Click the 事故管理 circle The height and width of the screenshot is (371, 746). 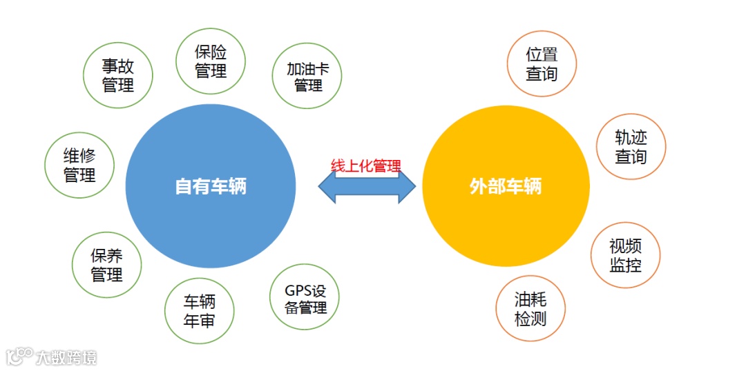pyautogui.click(x=117, y=75)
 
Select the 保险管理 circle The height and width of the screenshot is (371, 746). pyautogui.click(x=211, y=61)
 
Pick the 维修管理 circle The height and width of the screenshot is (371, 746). pyautogui.click(x=79, y=165)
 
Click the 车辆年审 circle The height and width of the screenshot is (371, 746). pyautogui.click(x=199, y=310)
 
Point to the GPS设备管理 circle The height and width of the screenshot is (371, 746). pyautogui.click(x=305, y=299)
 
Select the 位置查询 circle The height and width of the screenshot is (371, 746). pyautogui.click(x=541, y=64)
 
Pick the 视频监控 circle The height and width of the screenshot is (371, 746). pyautogui.click(x=625, y=255)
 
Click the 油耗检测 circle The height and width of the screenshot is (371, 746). pyautogui.click(x=530, y=309)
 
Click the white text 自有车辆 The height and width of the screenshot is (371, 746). pyautogui.click(x=211, y=186)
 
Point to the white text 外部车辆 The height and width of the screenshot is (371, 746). pyautogui.click(x=506, y=186)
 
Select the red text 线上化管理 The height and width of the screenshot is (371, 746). pyautogui.click(x=366, y=166)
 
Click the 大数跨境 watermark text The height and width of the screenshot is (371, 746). pyautogui.click(x=67, y=357)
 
